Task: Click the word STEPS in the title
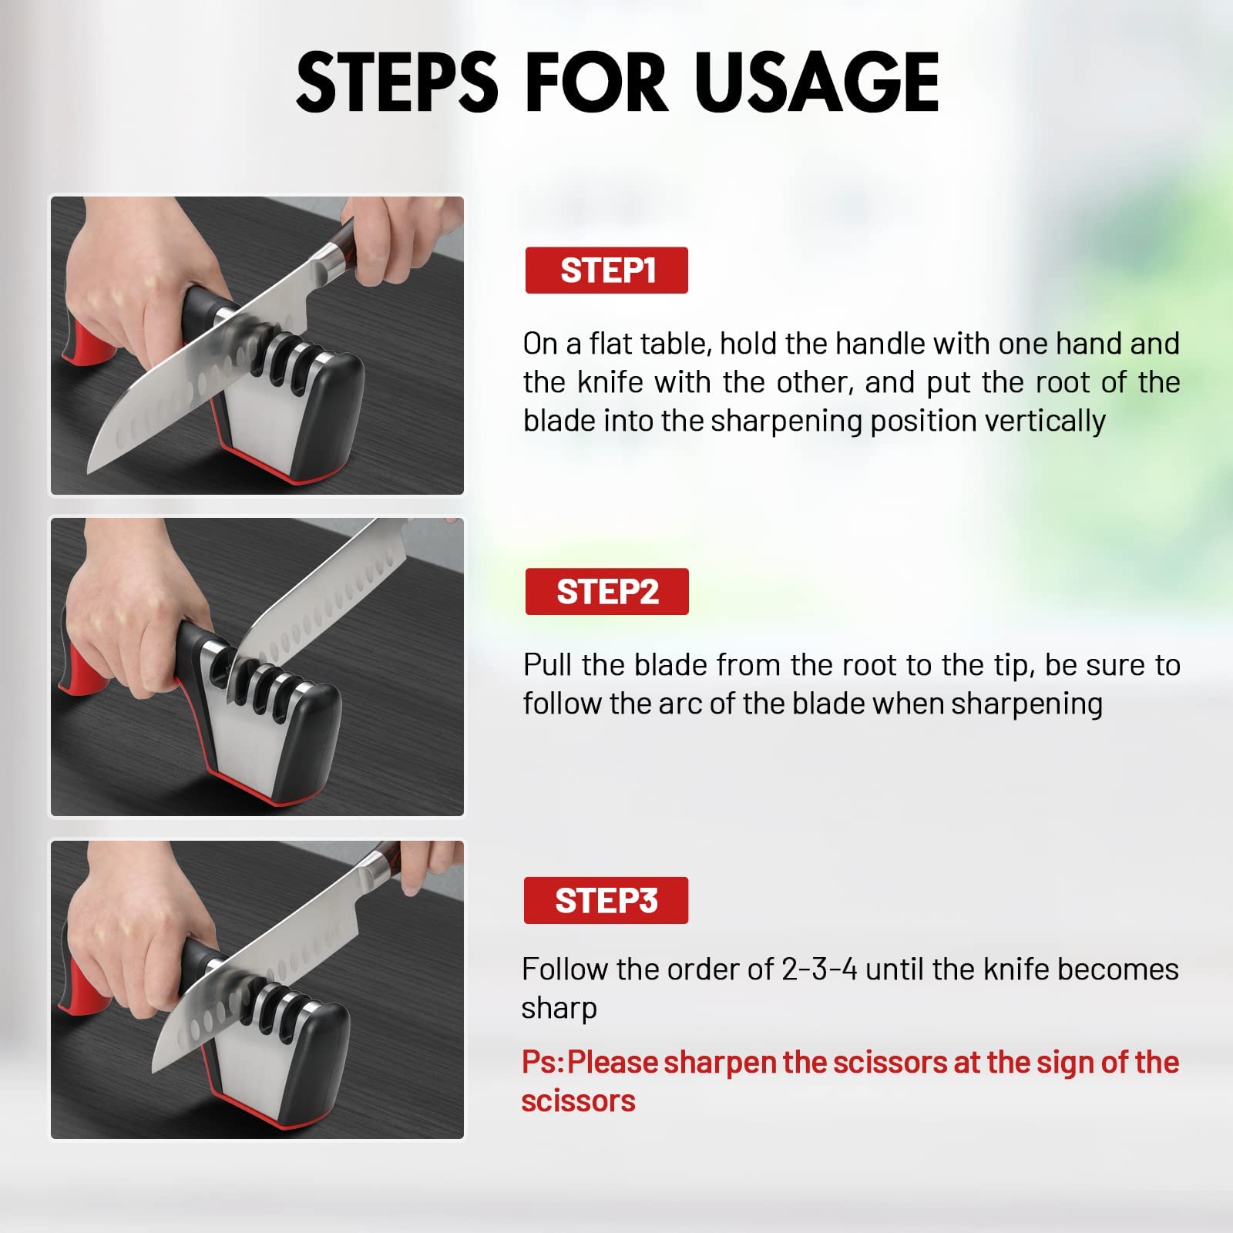(397, 82)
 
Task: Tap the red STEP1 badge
(606, 270)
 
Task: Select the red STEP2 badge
(606, 592)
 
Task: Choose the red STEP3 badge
(606, 900)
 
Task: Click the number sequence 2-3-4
(819, 969)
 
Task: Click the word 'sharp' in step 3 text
(559, 1009)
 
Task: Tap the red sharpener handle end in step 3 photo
(83, 986)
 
